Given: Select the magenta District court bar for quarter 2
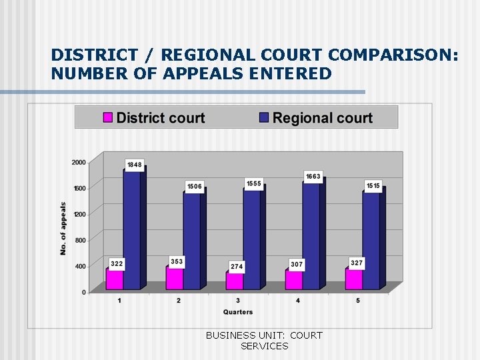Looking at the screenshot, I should coord(175,278).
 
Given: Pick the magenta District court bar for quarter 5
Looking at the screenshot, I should coord(354,279).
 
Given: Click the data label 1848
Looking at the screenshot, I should coord(135,165).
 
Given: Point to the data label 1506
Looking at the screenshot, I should coord(195,187).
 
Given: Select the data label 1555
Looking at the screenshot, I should coord(254,183).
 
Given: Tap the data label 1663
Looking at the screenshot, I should coord(313,177).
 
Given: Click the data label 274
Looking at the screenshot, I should coord(237,266).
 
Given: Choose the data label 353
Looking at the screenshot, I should coord(177,262).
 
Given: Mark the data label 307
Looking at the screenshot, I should coord(297,265).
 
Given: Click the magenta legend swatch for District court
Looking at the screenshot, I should coord(107,118).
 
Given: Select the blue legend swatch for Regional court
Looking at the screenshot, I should coord(264,118).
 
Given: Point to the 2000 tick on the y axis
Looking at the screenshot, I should coord(79,162).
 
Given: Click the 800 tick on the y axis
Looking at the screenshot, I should coord(81,240).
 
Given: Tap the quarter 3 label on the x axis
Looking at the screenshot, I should coord(238,301).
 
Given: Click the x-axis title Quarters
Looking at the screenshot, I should coord(238,312).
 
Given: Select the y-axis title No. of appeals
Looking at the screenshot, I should coord(64,228).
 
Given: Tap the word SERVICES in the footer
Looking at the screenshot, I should coord(264,346).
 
